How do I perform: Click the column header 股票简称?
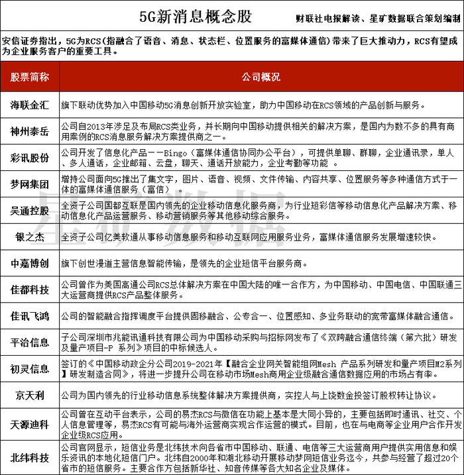pyautogui.click(x=30, y=77)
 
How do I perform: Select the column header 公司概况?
pyautogui.click(x=261, y=77)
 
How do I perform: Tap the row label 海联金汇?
pyautogui.click(x=30, y=105)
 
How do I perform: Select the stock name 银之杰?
pyautogui.click(x=30, y=237)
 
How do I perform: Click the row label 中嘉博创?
pyautogui.click(x=30, y=263)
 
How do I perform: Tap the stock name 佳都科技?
pyautogui.click(x=30, y=289)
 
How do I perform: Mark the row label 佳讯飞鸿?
pyautogui.click(x=30, y=315)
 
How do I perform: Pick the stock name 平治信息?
pyautogui.click(x=30, y=342)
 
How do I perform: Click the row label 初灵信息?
pyautogui.click(x=30, y=368)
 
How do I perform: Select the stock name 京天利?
pyautogui.click(x=30, y=395)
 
